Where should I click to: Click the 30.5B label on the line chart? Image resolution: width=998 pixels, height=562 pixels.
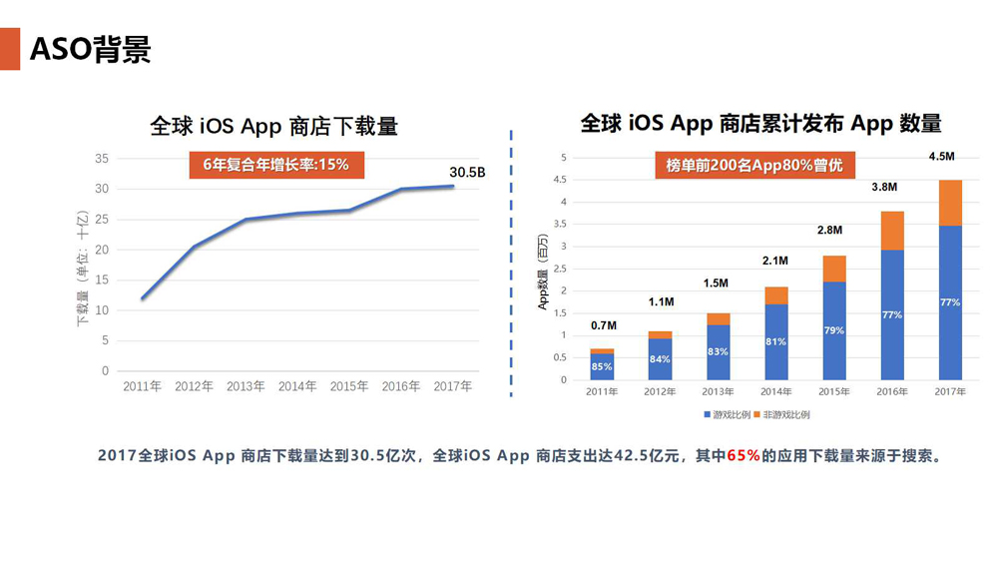click(x=467, y=172)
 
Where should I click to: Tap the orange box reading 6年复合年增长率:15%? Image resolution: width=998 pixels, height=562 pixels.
click(x=275, y=165)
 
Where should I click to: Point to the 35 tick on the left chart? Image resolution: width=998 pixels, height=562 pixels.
click(x=102, y=159)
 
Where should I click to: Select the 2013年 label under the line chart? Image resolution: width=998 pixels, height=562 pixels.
click(x=246, y=386)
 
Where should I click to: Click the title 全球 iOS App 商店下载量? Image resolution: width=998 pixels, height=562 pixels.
click(x=273, y=127)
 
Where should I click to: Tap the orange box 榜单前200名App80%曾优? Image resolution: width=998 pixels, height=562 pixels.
click(x=754, y=166)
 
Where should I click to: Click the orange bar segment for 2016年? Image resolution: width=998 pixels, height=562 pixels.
click(x=892, y=231)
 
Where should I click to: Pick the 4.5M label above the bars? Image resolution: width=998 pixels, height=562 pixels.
click(x=942, y=157)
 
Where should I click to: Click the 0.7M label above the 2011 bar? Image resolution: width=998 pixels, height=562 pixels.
click(x=603, y=325)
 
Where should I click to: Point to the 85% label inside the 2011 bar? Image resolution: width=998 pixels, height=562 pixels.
click(x=602, y=366)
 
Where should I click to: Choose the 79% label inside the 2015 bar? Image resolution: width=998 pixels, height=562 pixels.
click(x=834, y=330)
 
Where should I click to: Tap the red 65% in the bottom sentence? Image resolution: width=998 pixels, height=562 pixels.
click(x=744, y=455)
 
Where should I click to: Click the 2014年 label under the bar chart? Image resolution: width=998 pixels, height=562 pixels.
click(x=775, y=391)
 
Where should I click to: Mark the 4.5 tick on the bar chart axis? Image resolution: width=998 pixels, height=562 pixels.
click(x=563, y=180)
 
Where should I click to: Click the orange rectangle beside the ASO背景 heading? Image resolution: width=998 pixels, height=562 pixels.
click(x=10, y=48)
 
